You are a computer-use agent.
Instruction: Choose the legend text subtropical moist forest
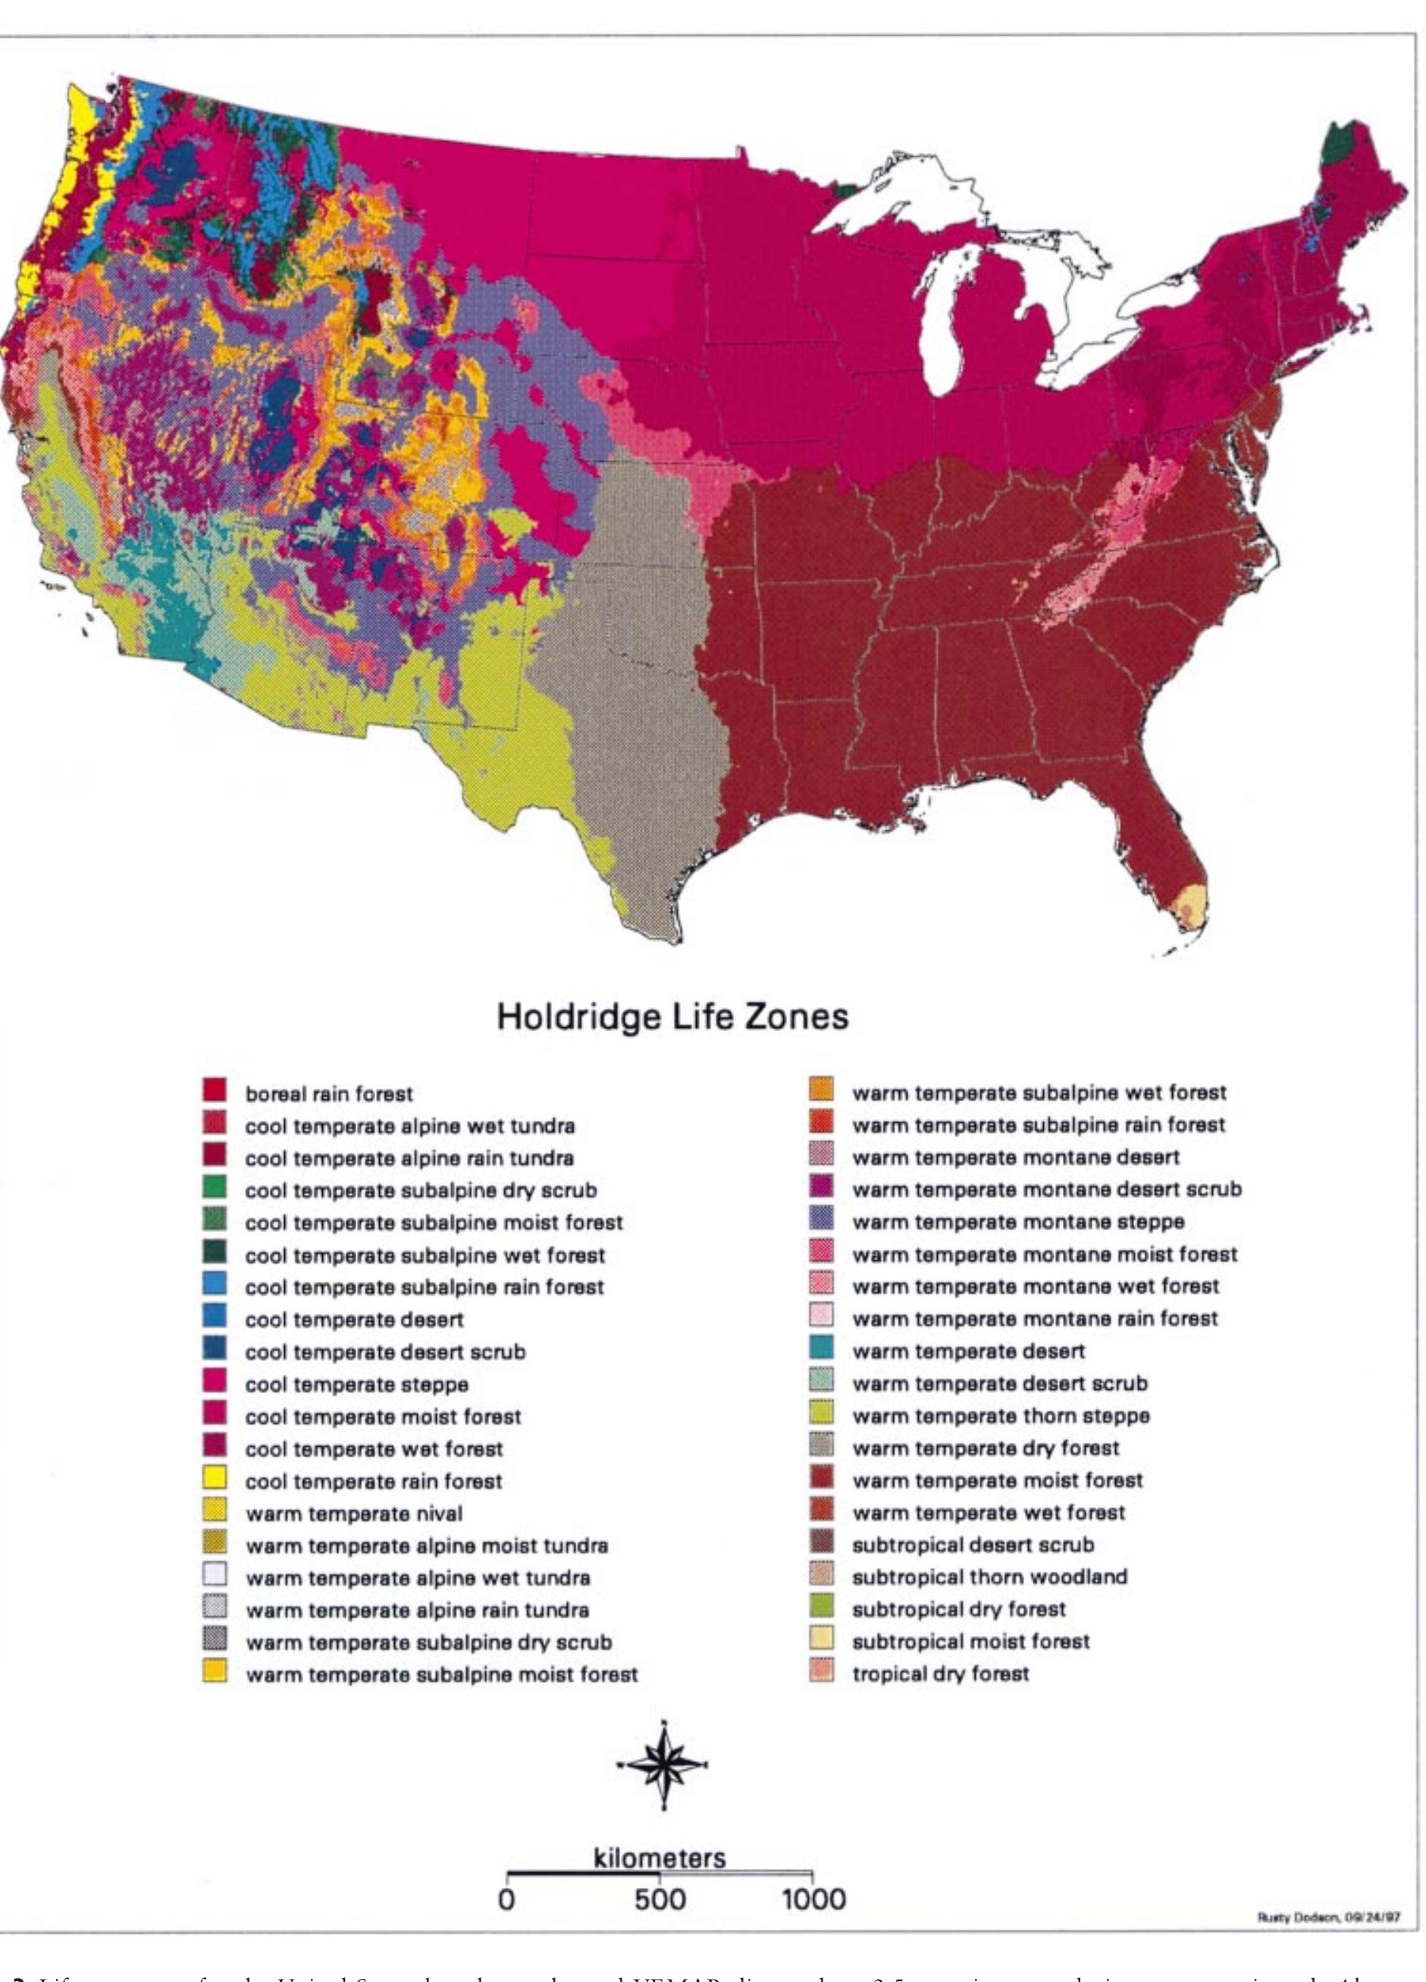click(971, 1642)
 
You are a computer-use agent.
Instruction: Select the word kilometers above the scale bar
click(660, 1877)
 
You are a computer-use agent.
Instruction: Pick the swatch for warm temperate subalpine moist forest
click(215, 1673)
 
